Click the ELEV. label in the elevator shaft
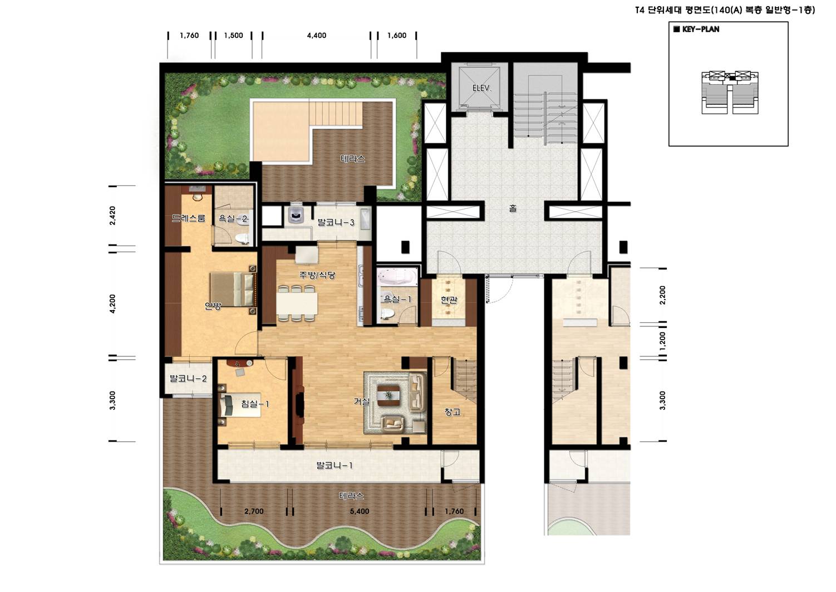[x=482, y=89]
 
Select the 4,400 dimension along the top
[x=317, y=36]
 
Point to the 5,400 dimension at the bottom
[x=360, y=511]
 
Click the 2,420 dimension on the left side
[x=113, y=216]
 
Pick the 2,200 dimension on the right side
[x=662, y=295]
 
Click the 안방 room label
[x=213, y=306]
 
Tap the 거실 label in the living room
[x=362, y=402]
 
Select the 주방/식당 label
[x=317, y=275]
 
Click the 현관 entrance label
[x=449, y=300]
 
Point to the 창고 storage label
[x=453, y=412]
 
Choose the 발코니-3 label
[x=336, y=223]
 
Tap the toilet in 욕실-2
[x=243, y=238]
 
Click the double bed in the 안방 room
[x=233, y=290]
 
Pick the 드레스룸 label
[x=189, y=218]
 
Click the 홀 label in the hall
[x=513, y=208]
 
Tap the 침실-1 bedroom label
[x=255, y=404]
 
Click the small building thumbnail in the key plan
[x=730, y=92]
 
